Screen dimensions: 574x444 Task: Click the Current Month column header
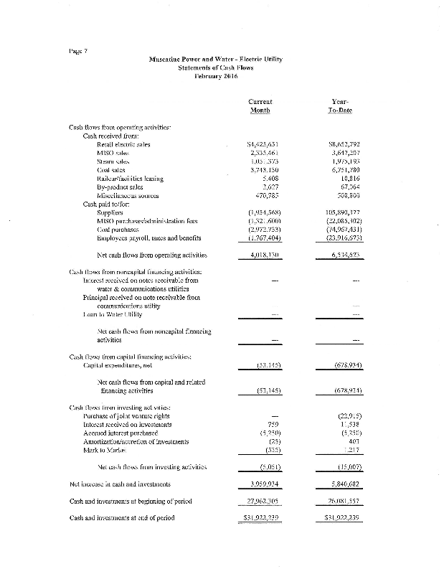pos(260,106)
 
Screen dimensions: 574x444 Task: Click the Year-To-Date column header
pos(341,106)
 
